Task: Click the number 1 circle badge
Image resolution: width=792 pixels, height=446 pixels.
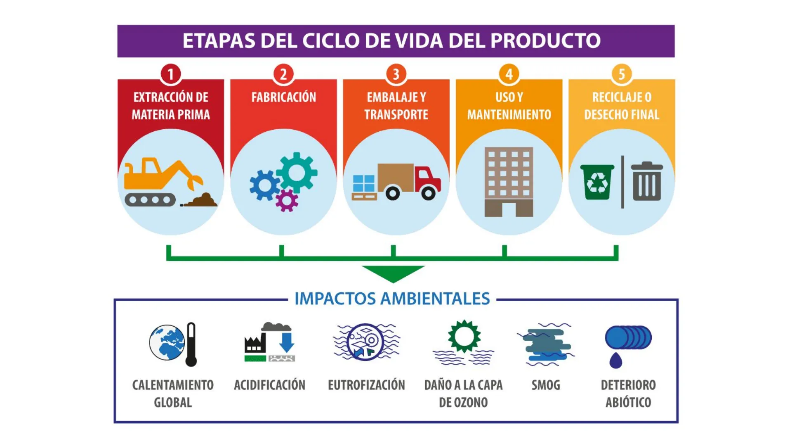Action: (170, 74)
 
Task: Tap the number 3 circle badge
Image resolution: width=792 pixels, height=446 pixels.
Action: (396, 74)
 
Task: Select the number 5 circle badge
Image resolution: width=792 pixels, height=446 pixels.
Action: (622, 74)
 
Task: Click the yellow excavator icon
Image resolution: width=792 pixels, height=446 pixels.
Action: (163, 182)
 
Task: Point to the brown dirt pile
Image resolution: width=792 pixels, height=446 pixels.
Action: (201, 200)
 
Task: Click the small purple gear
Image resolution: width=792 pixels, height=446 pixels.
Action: (287, 200)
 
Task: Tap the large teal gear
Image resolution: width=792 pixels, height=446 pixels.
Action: (297, 173)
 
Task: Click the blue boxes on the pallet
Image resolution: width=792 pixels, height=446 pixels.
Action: (364, 183)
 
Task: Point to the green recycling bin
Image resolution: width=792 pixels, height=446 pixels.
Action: (597, 182)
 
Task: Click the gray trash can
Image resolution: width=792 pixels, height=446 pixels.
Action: (647, 181)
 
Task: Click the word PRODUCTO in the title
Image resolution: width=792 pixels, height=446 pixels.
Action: (545, 40)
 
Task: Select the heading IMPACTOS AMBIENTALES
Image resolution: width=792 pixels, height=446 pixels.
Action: (392, 299)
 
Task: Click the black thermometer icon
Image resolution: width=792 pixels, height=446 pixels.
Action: (191, 344)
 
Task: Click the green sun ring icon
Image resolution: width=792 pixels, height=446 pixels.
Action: (464, 336)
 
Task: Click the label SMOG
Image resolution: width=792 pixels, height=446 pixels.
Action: (546, 385)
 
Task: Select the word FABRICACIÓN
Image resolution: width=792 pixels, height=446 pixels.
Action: (284, 97)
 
